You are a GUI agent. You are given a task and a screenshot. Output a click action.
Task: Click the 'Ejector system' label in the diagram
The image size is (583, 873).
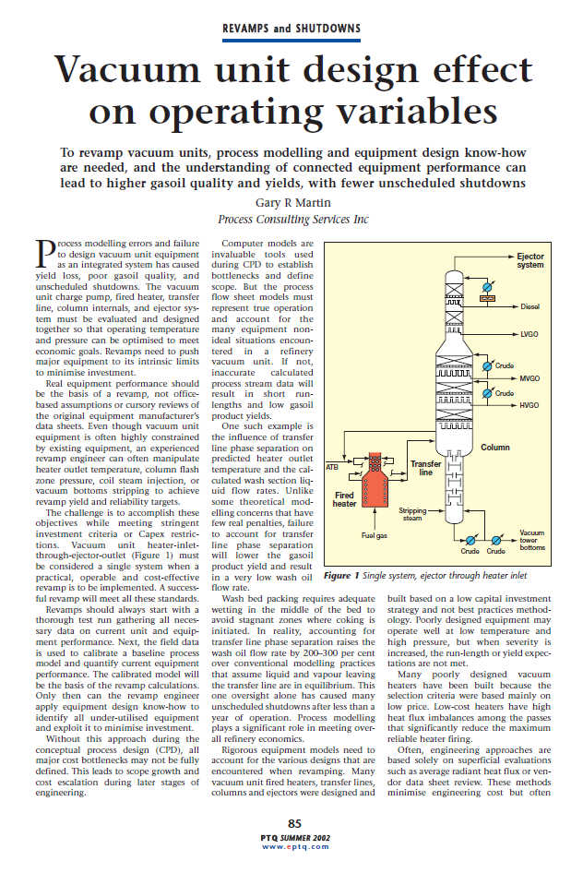[x=529, y=259]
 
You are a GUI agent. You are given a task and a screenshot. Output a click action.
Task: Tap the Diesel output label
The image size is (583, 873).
[x=529, y=306]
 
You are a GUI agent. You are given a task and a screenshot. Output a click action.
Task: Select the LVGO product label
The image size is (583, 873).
[x=529, y=334]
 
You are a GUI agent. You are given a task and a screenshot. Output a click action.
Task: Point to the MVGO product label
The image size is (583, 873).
[x=529, y=378]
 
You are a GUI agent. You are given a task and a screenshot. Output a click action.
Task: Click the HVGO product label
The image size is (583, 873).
[x=529, y=405]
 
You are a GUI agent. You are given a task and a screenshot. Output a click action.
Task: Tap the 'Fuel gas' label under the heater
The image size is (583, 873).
[x=375, y=534]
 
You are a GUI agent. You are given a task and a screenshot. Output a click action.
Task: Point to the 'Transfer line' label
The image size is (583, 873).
[x=425, y=468]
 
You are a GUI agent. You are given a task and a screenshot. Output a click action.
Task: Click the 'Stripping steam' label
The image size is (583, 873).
[x=412, y=513]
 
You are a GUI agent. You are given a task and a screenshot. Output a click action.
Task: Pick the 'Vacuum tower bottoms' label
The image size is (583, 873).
[x=531, y=540]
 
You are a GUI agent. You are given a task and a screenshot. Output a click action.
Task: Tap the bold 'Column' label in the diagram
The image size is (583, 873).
[x=494, y=448]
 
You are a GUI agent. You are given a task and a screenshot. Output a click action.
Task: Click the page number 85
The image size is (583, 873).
[x=294, y=823]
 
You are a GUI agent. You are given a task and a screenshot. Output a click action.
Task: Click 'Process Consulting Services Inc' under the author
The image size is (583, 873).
[x=292, y=220]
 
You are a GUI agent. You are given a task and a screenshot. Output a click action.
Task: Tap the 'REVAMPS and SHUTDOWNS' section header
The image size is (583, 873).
[x=291, y=29]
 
